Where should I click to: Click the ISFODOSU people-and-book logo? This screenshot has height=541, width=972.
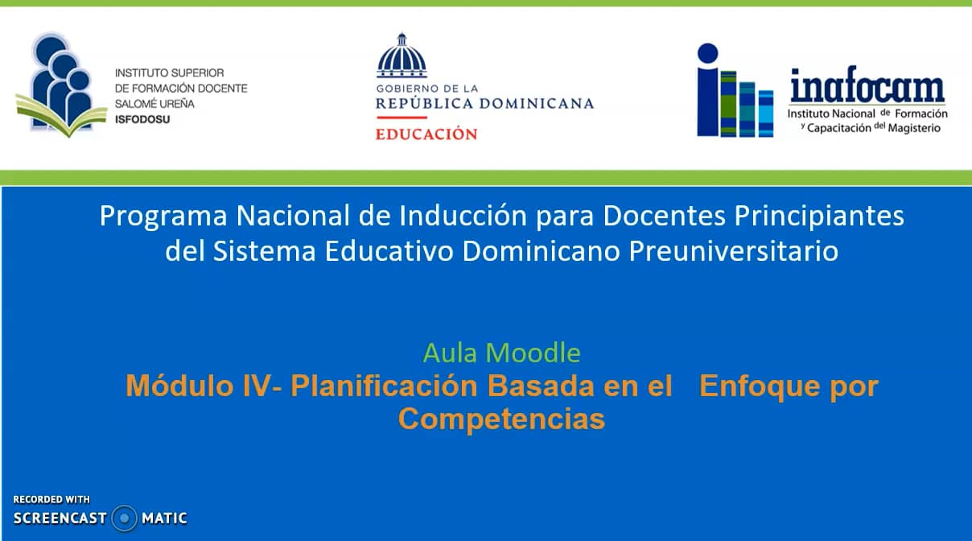[60, 85]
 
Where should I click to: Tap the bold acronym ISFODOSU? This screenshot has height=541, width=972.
[142, 119]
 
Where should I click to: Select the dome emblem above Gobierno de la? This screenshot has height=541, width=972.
[402, 56]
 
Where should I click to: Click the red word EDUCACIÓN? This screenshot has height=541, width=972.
[426, 134]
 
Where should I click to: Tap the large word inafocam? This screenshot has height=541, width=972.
[867, 86]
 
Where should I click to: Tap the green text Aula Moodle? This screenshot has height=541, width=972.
[501, 353]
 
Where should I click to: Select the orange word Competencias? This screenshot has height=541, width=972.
[501, 419]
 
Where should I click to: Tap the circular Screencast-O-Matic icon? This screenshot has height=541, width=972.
[124, 518]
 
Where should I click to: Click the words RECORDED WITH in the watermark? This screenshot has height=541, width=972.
[51, 499]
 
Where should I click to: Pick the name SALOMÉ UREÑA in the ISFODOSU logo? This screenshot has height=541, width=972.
[154, 104]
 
